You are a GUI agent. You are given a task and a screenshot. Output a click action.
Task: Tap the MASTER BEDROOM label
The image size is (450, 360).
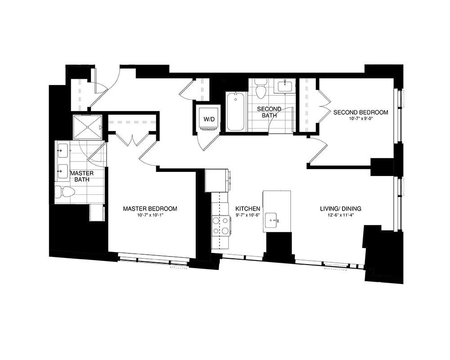coord(150,209)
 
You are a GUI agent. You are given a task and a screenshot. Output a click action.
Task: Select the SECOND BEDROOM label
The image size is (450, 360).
coord(360,112)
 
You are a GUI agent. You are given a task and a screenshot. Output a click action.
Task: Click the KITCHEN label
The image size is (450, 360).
coord(248,209)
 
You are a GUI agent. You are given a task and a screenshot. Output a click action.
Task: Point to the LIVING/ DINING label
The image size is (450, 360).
coord(341,209)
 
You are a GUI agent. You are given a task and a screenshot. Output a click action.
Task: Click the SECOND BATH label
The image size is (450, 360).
coord(269,112)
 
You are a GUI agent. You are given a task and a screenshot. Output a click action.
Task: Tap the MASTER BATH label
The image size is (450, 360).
coord(82,176)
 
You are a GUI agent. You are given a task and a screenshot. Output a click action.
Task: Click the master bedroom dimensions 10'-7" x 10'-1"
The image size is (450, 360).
coord(150,216)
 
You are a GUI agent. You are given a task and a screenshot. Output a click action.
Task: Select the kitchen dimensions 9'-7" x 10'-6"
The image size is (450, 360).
coord(248,216)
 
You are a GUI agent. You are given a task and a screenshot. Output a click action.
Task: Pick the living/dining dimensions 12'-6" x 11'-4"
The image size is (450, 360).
coord(341,216)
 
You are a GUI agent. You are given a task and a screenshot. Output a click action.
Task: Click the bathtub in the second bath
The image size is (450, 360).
coord(235,112)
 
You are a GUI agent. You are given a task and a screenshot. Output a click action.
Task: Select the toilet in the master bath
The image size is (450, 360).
coord(65,193)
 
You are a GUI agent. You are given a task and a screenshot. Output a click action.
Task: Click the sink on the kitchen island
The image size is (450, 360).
coord(273,220)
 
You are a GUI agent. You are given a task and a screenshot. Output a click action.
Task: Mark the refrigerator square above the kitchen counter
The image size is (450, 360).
coord(217,180)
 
